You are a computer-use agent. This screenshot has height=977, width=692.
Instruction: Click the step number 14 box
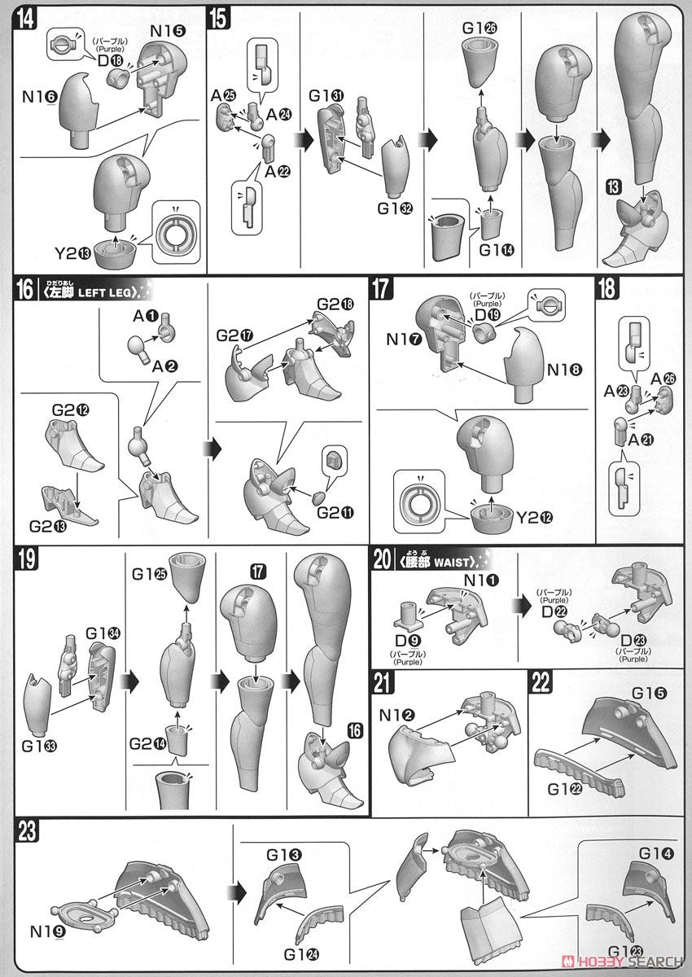point(26,20)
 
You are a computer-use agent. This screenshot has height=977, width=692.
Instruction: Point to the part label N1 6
point(40,97)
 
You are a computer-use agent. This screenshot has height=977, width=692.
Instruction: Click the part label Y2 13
point(72,253)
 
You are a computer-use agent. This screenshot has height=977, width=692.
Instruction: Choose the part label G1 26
point(480,28)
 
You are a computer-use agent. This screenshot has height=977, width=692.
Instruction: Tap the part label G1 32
point(396,208)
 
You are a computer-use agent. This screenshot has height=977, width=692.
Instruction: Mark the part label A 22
point(278,172)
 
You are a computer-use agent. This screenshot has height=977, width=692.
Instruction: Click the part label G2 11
point(335,512)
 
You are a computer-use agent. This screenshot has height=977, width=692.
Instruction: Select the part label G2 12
point(71,410)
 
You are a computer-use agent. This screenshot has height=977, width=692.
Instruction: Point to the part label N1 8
point(565,370)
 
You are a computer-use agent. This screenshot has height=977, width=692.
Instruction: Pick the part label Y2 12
point(535,518)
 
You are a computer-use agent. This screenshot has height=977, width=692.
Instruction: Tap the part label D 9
point(409,641)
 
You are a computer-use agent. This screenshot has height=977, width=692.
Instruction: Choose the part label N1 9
point(48,931)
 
